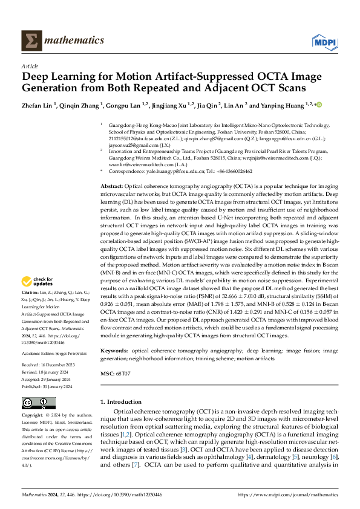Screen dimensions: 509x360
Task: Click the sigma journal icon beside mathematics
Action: tap(31, 41)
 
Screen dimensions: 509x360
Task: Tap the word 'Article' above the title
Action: tap(30, 66)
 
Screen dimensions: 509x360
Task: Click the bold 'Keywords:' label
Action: tap(116, 351)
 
